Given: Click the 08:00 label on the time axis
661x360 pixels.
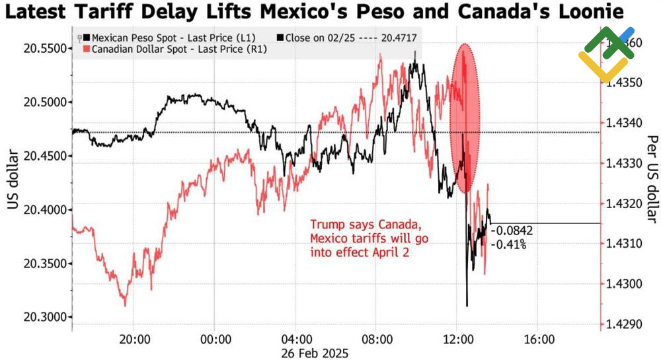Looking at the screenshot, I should coord(377,340).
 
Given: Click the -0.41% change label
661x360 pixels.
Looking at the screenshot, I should coord(509,243).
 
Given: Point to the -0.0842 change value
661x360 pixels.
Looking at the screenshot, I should coord(512,231).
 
